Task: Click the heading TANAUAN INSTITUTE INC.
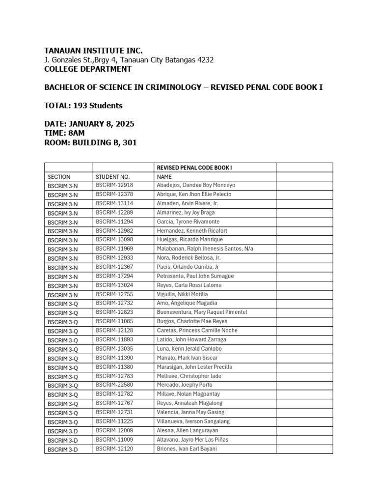(93, 51)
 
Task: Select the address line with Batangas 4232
(129, 60)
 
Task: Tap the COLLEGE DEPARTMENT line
(88, 69)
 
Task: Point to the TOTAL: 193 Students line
(83, 106)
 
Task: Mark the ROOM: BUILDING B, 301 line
(90, 142)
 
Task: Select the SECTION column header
(59, 176)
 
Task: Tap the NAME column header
(164, 176)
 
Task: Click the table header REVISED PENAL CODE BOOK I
(194, 168)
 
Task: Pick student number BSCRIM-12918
(114, 185)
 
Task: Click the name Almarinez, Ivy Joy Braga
(186, 213)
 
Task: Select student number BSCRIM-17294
(114, 276)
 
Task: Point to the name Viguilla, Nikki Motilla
(182, 294)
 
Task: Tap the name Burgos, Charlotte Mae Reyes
(189, 321)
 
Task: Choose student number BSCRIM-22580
(114, 385)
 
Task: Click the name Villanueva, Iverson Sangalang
(193, 421)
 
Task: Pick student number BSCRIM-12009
(114, 430)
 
